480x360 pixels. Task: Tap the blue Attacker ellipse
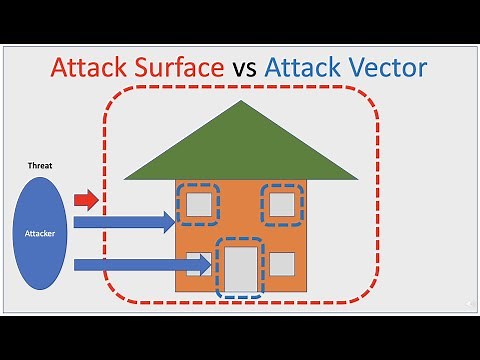point(41,232)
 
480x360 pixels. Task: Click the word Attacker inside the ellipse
point(41,233)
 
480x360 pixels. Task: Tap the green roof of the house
point(240,150)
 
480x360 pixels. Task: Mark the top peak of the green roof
point(240,106)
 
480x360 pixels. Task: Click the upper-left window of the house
point(199,204)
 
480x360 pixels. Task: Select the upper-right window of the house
point(282,204)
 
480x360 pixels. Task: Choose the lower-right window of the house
point(282,265)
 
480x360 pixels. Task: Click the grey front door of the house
point(240,268)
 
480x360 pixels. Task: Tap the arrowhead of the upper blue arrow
point(167,221)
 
